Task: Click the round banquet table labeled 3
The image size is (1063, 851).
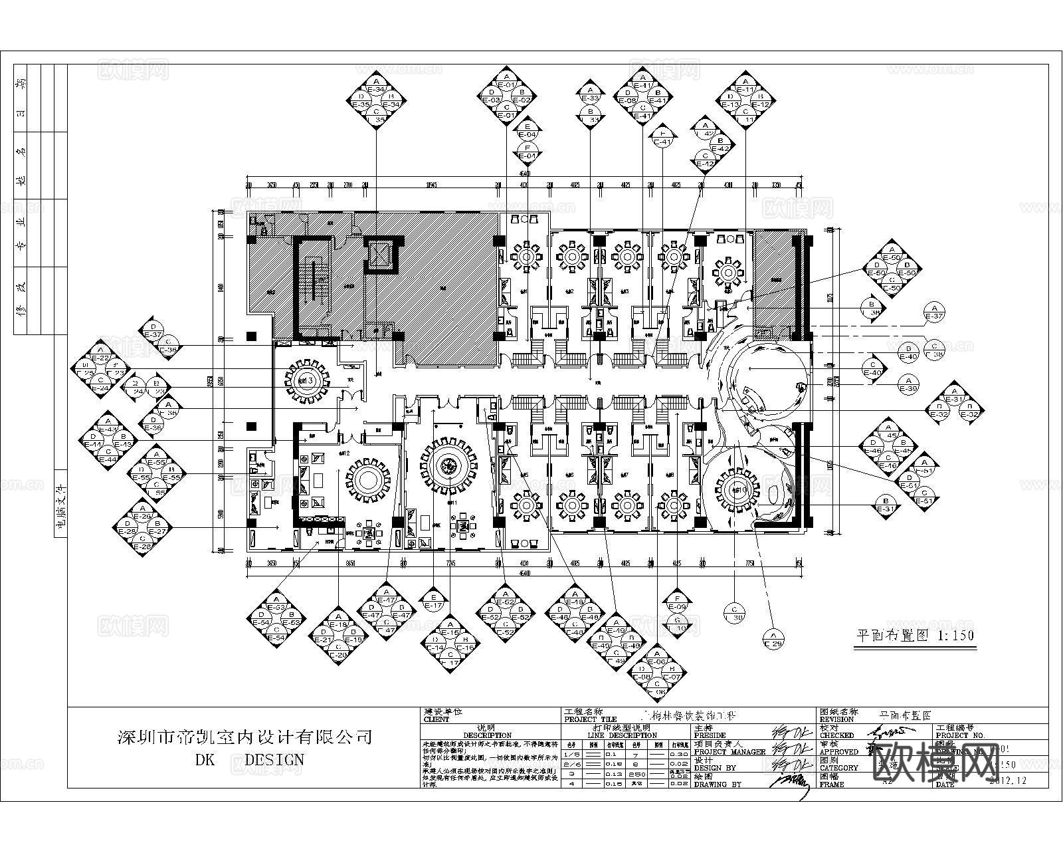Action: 306,381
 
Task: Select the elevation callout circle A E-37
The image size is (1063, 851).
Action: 934,312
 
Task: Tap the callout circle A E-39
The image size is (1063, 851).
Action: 908,384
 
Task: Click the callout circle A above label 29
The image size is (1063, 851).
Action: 773,638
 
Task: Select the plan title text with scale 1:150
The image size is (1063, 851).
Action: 914,636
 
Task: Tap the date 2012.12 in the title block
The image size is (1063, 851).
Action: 1007,781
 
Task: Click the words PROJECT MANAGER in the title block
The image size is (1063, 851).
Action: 729,751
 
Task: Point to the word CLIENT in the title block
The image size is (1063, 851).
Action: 436,719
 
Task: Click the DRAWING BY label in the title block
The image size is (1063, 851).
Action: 718,785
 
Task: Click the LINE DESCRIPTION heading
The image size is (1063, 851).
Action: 623,735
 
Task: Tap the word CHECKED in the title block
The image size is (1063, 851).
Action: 836,735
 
